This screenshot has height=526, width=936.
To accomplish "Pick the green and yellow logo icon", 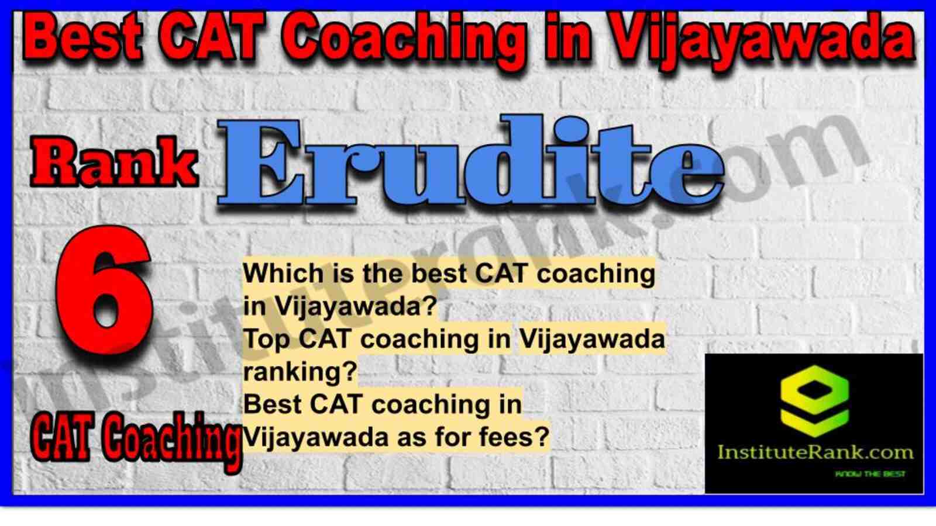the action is pos(814,401).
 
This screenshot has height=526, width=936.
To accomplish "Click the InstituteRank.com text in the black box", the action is pos(815,452).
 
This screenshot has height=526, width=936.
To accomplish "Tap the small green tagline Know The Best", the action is pos(870,474).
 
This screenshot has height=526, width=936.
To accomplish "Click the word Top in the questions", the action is pos(267,338).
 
